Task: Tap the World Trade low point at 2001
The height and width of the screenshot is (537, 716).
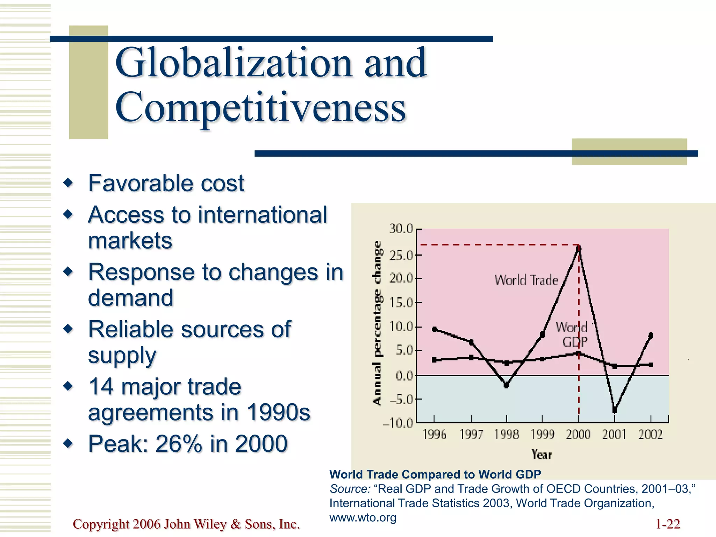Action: (615, 410)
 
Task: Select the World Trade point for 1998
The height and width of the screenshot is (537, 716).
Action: (506, 385)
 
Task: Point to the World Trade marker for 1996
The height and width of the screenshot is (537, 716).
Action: (434, 329)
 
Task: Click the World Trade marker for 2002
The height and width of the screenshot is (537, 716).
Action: (651, 335)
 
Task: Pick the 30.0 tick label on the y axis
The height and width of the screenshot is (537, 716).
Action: (401, 229)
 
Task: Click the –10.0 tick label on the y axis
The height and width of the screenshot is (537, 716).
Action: (398, 423)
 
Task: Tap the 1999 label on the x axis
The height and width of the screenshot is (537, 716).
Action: (542, 435)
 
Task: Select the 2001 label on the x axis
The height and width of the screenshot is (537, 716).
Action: (614, 435)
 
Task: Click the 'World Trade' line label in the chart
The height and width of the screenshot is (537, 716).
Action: (526, 280)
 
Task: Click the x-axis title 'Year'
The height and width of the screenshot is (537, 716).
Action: (542, 455)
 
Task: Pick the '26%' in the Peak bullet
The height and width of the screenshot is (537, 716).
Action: (178, 444)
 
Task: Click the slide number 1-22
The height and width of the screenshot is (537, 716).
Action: (667, 524)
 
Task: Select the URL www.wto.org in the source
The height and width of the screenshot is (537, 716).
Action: (363, 517)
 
